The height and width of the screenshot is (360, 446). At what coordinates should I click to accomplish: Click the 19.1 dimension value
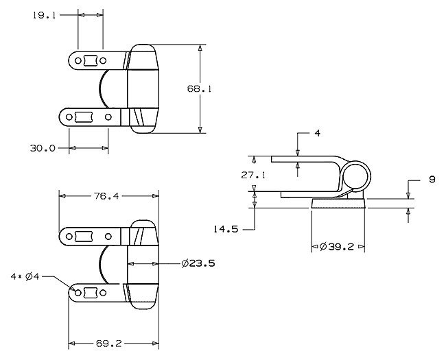[x=44, y=15]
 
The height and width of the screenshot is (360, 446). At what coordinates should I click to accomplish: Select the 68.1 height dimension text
[x=199, y=89]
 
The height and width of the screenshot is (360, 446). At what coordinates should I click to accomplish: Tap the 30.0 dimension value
[x=43, y=148]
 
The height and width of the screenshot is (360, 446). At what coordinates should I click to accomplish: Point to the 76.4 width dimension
[x=106, y=196]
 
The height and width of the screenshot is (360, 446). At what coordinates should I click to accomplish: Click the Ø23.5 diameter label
[x=198, y=263]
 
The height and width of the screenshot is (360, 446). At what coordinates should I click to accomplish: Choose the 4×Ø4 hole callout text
[x=25, y=276]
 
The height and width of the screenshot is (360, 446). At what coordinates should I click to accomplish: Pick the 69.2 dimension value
[x=109, y=344]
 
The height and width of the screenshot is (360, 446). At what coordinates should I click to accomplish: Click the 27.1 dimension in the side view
[x=253, y=175]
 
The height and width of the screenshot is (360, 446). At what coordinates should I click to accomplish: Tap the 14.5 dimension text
[x=226, y=229]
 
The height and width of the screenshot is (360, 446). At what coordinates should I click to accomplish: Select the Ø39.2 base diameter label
[x=337, y=247]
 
